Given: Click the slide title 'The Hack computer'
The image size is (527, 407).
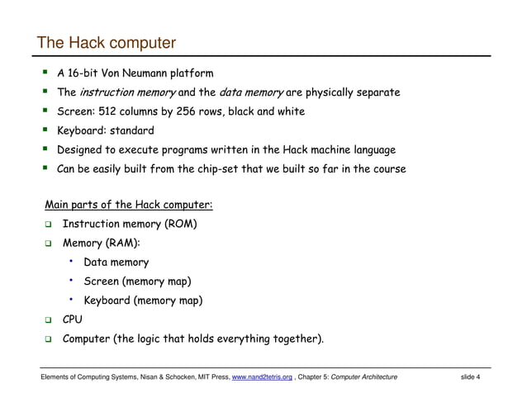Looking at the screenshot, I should coord(107,43).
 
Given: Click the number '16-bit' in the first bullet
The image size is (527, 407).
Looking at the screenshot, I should coord(86,73).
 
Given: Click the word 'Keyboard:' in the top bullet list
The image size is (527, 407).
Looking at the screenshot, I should coord(82,130).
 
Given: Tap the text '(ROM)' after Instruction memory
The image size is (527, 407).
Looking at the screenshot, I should coord(180,224).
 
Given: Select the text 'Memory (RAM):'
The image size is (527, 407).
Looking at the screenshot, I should coord(101,243).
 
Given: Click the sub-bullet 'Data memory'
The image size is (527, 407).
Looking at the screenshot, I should coord(116,263).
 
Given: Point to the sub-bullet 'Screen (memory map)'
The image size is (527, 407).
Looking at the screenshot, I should coord(137,282).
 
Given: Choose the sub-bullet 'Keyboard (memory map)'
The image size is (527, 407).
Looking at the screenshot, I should coord(143,301).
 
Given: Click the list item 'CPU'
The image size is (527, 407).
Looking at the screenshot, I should coord(73,319).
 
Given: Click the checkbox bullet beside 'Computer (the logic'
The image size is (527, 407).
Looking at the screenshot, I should coord(49,339).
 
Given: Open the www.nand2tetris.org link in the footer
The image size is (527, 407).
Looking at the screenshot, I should coord(263,377).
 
